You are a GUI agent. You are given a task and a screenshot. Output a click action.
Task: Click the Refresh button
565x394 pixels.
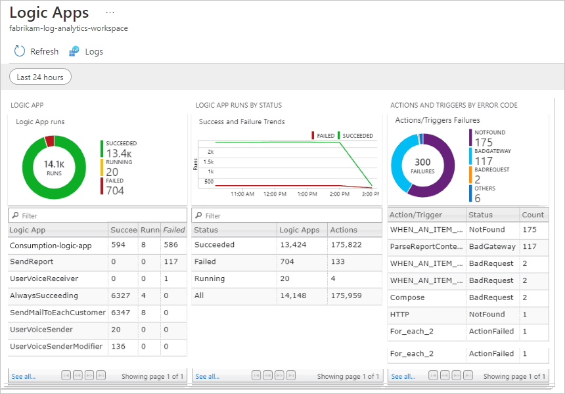36,51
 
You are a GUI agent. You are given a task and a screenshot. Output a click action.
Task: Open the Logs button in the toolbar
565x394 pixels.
86,51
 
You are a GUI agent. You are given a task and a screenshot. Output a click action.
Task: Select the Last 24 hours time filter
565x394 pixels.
40,77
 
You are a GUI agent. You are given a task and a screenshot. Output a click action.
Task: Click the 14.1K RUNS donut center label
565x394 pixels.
54,167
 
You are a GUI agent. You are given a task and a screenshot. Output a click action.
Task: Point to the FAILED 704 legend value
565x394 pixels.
115,190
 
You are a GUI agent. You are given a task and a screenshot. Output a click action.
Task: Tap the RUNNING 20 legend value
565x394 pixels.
112,172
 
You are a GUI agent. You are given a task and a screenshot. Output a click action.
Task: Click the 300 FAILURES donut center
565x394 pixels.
422,165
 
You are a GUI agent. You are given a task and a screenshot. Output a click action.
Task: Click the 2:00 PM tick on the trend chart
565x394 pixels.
339,194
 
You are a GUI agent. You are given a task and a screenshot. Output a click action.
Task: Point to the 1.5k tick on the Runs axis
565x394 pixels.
209,162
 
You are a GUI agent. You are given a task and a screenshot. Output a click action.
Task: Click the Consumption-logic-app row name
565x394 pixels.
51,245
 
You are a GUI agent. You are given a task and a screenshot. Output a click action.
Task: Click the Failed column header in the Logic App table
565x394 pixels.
174,230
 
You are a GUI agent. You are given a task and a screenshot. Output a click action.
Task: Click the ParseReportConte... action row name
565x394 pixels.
426,246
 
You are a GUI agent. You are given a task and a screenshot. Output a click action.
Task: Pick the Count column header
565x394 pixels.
533,215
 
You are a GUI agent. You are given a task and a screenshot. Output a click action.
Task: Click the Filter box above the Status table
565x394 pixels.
286,215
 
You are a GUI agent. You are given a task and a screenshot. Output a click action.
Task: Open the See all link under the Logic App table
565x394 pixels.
23,376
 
